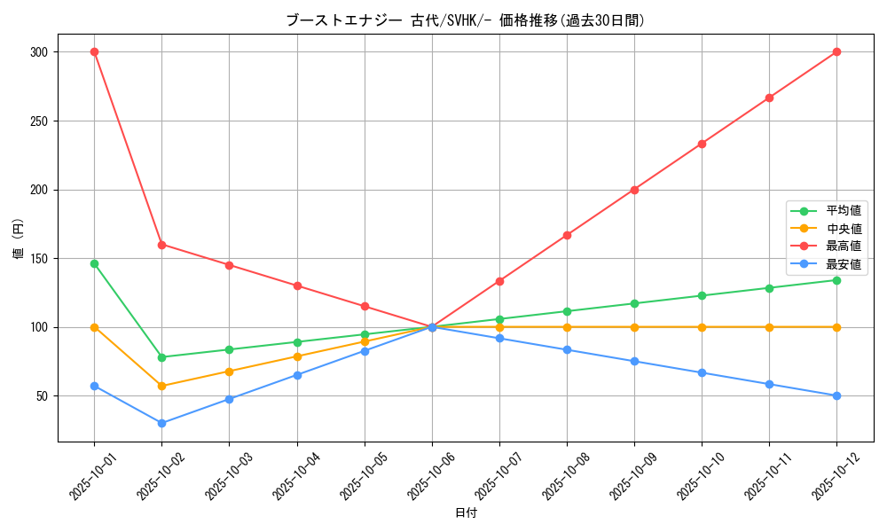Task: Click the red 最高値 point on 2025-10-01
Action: pos(94,51)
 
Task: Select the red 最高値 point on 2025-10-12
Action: pos(836,51)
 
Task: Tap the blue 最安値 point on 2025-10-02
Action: pos(161,423)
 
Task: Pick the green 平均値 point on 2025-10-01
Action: pos(94,263)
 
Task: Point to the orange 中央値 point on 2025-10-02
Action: pos(161,386)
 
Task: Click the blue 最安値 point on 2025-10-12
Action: pos(836,395)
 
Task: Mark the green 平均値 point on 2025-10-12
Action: pos(836,280)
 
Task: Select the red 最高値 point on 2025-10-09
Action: pos(634,190)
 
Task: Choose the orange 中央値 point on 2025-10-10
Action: pos(702,327)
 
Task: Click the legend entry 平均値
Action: pos(843,211)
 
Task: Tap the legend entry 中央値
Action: pos(843,229)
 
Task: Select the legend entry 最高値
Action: pos(843,246)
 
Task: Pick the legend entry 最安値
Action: pos(843,264)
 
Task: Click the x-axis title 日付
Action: pos(466,513)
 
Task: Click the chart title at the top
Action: pos(466,20)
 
